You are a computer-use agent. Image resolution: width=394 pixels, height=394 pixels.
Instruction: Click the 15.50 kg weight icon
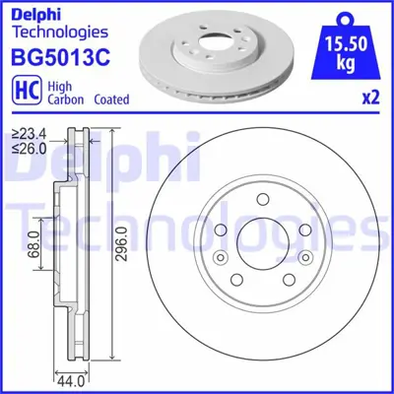point(346,38)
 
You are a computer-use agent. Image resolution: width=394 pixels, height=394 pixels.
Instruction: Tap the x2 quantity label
point(372,97)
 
